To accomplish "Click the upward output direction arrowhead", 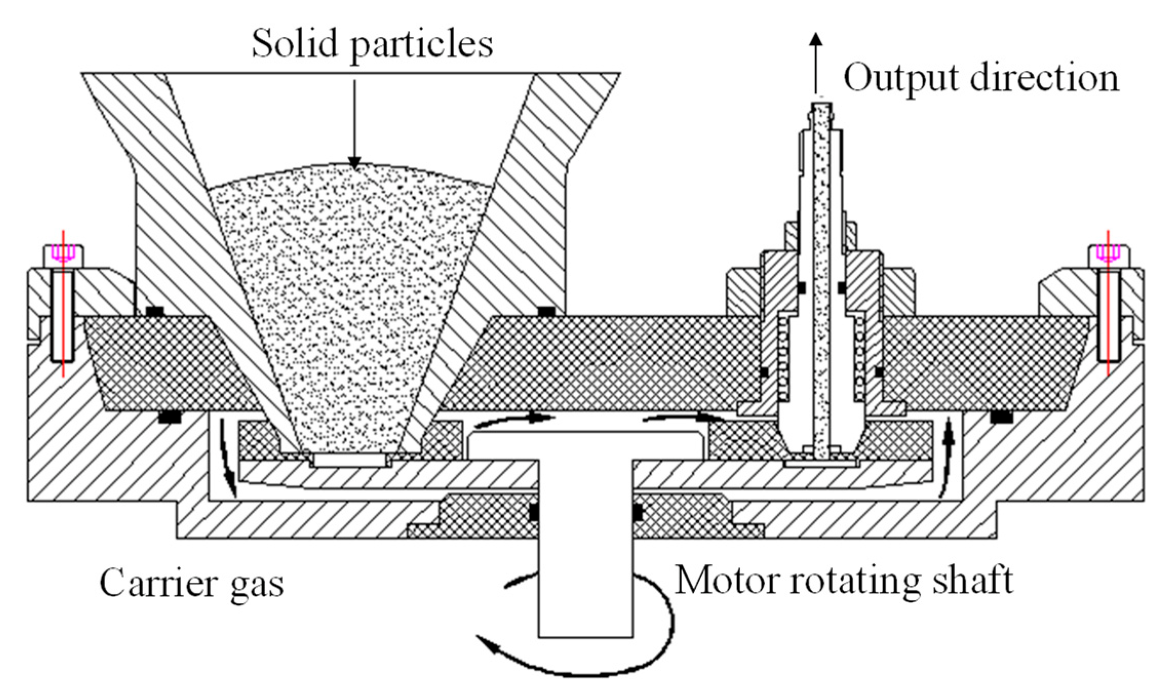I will [816, 41].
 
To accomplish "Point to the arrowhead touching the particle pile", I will [354, 162].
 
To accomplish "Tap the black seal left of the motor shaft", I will [533, 513].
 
